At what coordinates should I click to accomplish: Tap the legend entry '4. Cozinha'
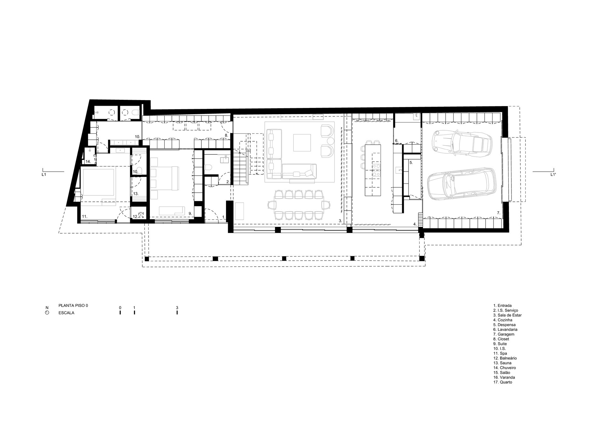tap(503, 320)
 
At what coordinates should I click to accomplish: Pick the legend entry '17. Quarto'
tap(503, 382)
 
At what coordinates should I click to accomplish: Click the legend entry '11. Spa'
tap(500, 353)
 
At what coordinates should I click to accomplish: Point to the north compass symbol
tap(47, 313)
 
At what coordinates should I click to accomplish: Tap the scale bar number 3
tap(177, 308)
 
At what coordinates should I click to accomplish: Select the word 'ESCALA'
tap(66, 313)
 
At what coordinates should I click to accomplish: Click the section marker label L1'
tap(553, 174)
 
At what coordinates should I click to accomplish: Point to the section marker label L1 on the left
tap(44, 174)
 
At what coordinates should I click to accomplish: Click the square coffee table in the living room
tap(302, 143)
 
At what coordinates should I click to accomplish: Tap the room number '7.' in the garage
tap(498, 213)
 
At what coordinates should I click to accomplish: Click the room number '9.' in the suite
tap(190, 213)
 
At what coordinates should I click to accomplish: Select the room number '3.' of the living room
tap(340, 221)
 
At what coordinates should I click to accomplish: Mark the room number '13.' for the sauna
tap(136, 194)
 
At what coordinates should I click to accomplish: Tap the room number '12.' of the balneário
tap(135, 217)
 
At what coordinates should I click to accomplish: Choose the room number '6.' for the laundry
tap(397, 140)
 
